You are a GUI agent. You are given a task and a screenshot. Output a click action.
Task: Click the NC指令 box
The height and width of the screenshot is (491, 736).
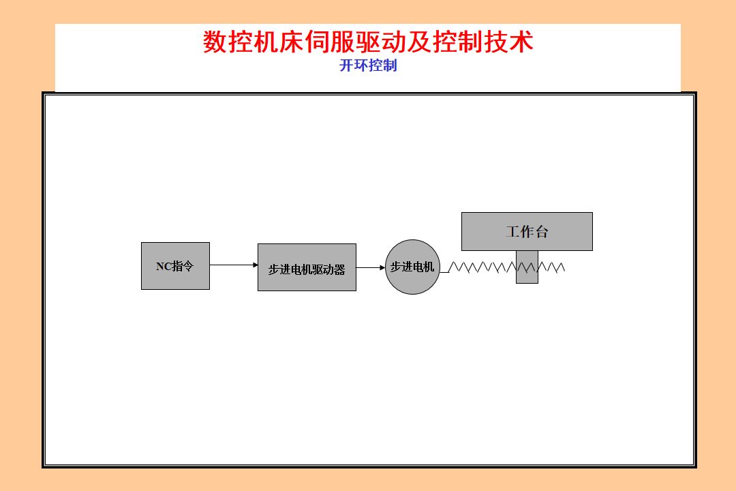pyautogui.click(x=175, y=266)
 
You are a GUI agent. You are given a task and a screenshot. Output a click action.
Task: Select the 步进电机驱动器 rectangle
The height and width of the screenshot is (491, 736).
pyautogui.click(x=307, y=267)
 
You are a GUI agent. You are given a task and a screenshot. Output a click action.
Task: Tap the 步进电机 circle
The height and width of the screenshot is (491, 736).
pyautogui.click(x=412, y=267)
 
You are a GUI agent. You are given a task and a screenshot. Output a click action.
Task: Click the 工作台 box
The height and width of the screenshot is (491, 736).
pyautogui.click(x=527, y=231)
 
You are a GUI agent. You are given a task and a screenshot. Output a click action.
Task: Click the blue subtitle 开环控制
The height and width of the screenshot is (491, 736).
pyautogui.click(x=368, y=65)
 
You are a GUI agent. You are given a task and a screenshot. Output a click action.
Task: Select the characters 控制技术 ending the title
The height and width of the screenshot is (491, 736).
pyautogui.click(x=483, y=42)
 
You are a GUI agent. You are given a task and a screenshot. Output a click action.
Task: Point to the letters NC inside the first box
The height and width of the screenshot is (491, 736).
pyautogui.click(x=164, y=267)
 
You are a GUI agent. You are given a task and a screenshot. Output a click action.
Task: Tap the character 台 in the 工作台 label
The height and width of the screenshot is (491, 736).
pyautogui.click(x=542, y=232)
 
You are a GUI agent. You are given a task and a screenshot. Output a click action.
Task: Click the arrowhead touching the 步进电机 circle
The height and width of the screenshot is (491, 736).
pyautogui.click(x=382, y=267)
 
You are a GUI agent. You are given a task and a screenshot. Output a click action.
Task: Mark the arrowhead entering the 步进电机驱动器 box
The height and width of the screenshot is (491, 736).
pyautogui.click(x=254, y=265)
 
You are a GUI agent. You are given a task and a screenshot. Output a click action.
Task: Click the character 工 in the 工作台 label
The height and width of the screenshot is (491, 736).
pyautogui.click(x=513, y=232)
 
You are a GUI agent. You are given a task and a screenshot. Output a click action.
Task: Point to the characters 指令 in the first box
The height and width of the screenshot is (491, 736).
pyautogui.click(x=183, y=267)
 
